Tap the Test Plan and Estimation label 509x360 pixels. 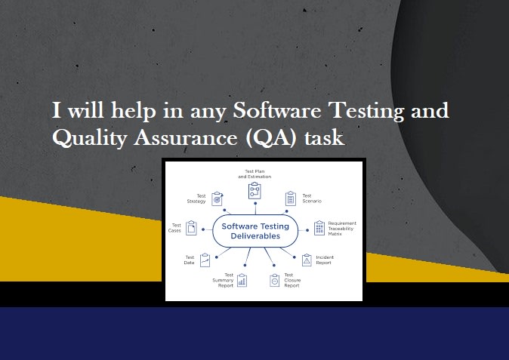click(255, 174)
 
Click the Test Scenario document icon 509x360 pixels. click(291, 198)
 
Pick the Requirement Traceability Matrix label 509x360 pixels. click(341, 229)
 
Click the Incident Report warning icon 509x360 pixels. click(307, 260)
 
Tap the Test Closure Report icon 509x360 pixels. click(275, 280)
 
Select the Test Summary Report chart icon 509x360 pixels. click(242, 280)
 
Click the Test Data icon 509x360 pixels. click(205, 260)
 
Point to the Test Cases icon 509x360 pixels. click(192, 227)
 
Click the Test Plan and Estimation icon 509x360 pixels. click(254, 191)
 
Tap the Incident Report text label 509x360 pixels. click(325, 260)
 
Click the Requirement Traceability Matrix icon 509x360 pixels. click(319, 228)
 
